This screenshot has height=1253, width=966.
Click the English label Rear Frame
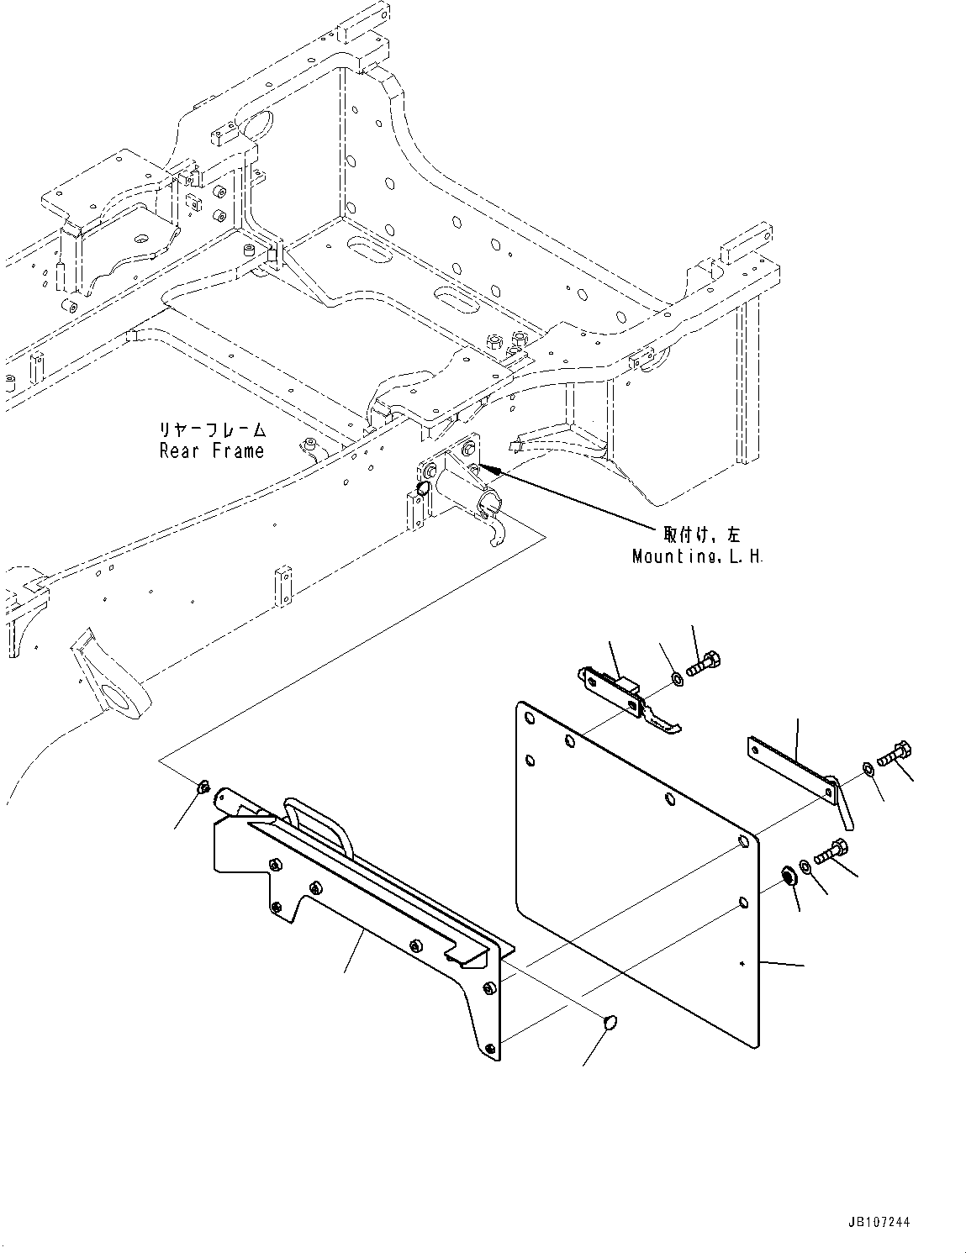point(212,451)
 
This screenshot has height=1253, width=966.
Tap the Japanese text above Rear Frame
point(212,430)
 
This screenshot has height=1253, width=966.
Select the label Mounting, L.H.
point(698,557)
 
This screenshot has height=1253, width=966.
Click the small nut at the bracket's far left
point(202,787)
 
